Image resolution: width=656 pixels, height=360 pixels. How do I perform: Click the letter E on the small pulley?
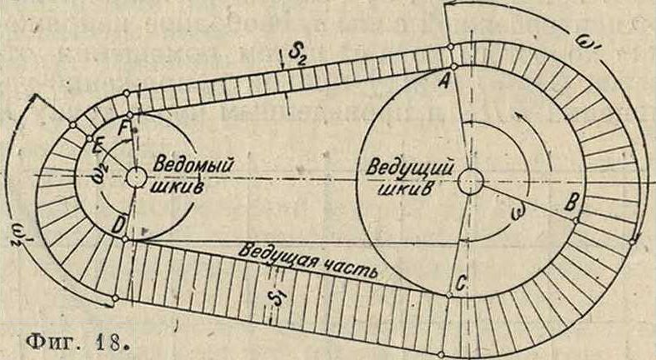coord(98,148)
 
